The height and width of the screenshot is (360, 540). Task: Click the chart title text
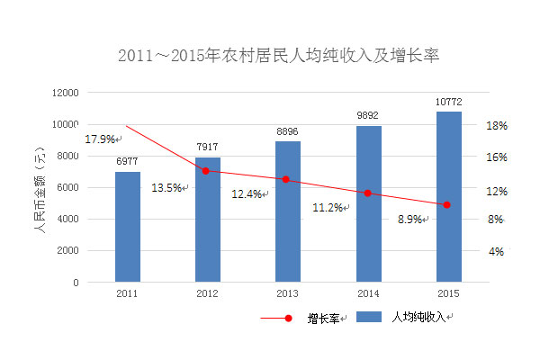point(278,56)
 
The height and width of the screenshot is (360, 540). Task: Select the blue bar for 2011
point(127,227)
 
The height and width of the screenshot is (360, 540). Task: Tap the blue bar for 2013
point(287,211)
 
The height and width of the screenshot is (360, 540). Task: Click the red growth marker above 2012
point(206,170)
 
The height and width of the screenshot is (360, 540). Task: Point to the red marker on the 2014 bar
point(367,193)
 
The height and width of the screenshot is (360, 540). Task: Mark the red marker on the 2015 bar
point(447,205)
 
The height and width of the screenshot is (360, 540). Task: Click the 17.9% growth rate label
point(100,139)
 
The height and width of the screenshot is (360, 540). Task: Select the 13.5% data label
point(167,188)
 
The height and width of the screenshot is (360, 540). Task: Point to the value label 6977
point(127,161)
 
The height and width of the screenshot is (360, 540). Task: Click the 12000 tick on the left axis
point(67,93)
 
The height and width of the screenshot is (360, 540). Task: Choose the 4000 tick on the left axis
point(69,220)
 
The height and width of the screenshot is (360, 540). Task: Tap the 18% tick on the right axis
point(498,126)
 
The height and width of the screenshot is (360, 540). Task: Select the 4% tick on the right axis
point(496,252)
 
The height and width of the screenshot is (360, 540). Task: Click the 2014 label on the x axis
point(367,293)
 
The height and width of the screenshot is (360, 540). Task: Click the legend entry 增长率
point(323,318)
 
